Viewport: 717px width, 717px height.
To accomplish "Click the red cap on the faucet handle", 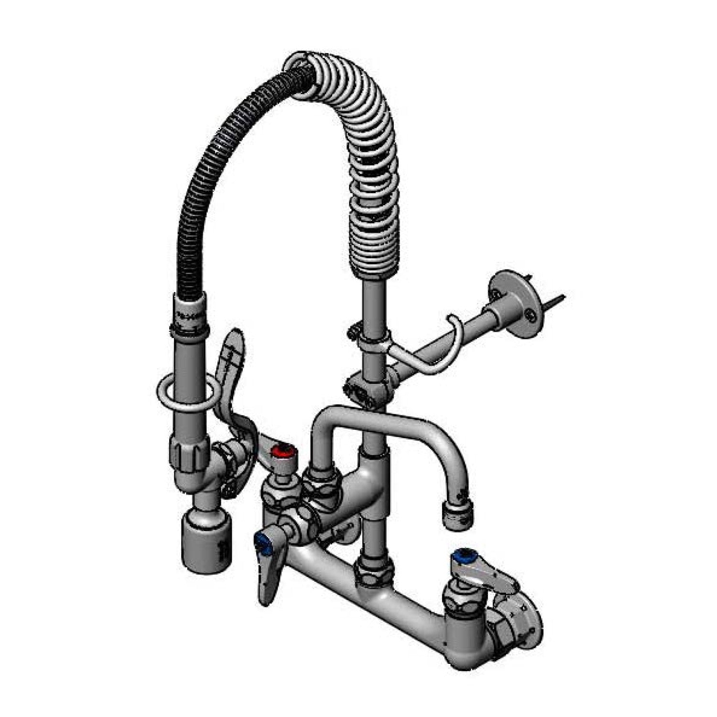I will (x=280, y=451).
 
